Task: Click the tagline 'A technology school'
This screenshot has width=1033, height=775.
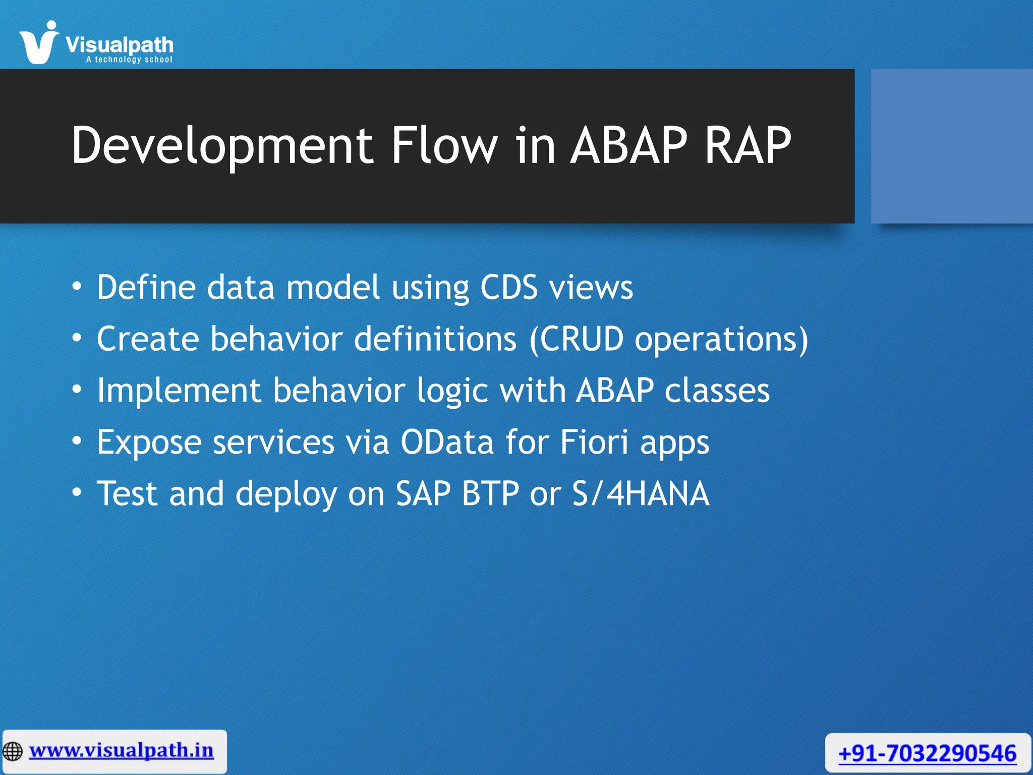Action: click(x=129, y=60)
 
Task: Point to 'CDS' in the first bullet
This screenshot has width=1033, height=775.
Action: click(x=508, y=288)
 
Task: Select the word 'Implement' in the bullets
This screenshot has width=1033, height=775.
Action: click(x=179, y=392)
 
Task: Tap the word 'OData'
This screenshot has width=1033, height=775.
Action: click(x=447, y=442)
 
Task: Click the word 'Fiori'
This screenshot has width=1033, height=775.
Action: click(x=594, y=442)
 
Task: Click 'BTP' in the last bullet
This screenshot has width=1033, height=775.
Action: click(x=490, y=494)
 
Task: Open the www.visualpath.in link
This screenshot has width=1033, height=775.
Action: click(x=122, y=750)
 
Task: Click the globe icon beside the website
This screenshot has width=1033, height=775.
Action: click(x=13, y=751)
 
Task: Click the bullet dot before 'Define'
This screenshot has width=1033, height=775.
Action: click(x=76, y=287)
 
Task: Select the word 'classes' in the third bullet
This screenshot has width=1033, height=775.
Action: click(x=717, y=392)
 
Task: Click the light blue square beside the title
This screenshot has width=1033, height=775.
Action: click(x=951, y=146)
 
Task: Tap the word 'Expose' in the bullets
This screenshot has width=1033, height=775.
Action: click(x=149, y=442)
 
